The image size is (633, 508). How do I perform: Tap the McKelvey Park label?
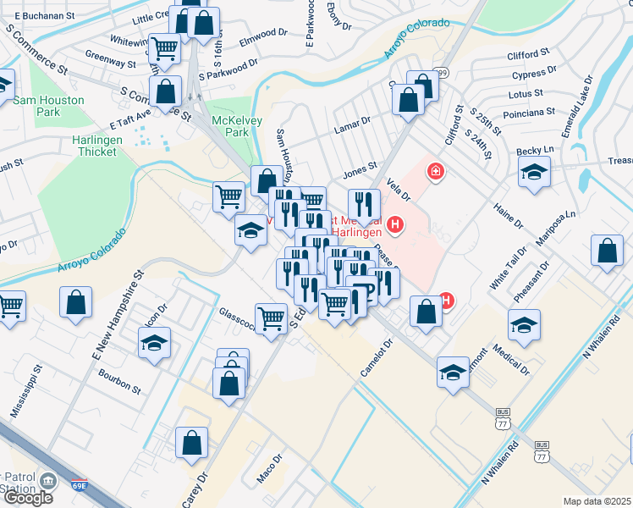(x=229, y=126)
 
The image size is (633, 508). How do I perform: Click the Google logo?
(x=27, y=497)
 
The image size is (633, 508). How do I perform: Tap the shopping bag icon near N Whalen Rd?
(x=608, y=251)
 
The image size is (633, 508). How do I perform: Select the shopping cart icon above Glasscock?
(x=272, y=318)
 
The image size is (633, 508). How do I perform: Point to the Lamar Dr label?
(x=354, y=122)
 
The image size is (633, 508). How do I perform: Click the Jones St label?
(x=359, y=172)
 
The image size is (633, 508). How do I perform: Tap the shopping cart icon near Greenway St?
(x=164, y=48)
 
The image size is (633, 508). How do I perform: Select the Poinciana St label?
(x=526, y=111)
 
